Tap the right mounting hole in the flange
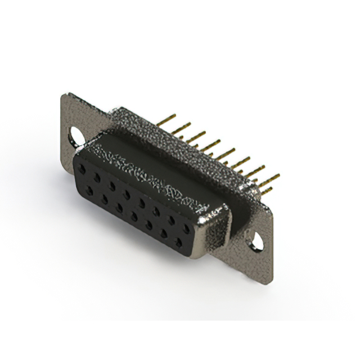(x=257, y=241)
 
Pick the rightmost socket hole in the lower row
(x=179, y=241)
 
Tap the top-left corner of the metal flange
(x=63, y=94)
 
